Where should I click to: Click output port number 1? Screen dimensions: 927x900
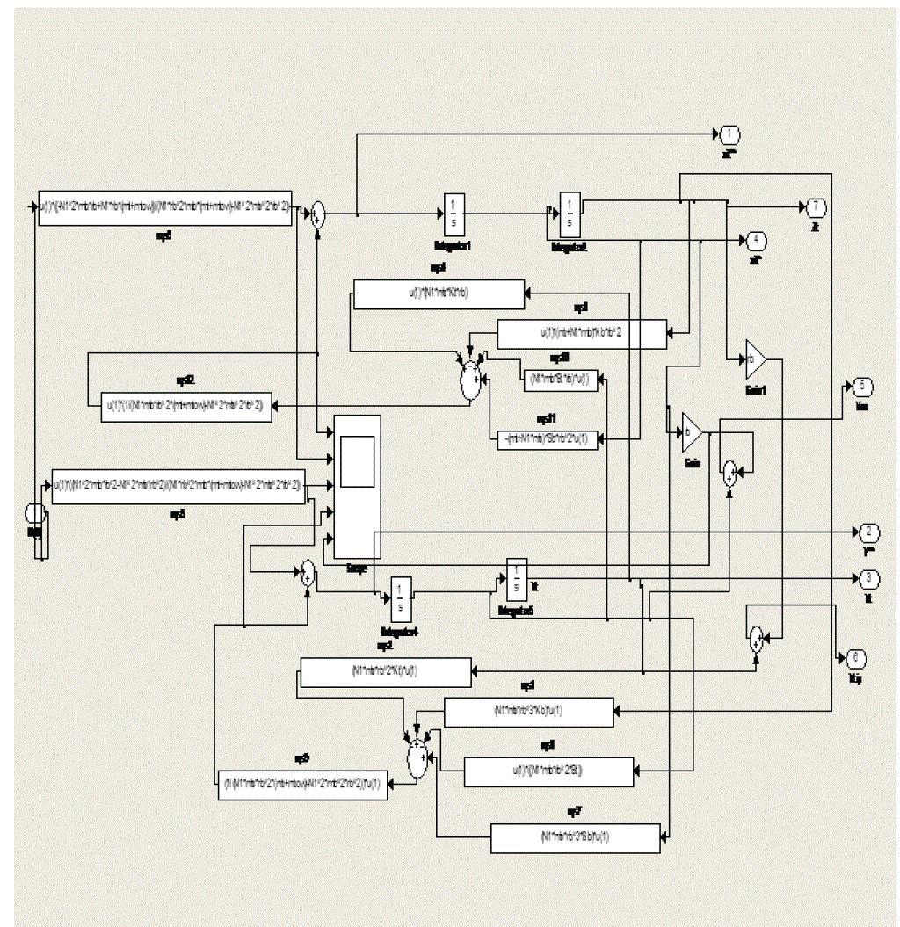[x=729, y=135]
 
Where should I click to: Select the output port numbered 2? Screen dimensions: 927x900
[x=869, y=533]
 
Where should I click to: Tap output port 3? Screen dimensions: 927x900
[x=869, y=578]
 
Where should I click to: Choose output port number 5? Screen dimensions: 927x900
[x=859, y=387]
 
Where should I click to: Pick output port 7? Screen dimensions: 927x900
[x=816, y=207]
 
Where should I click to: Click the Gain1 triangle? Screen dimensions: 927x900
[x=755, y=358]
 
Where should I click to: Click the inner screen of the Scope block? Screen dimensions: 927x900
[x=357, y=460]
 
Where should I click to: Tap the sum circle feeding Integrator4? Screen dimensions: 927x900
[x=307, y=575]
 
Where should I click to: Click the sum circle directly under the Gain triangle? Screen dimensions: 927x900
[x=729, y=474]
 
